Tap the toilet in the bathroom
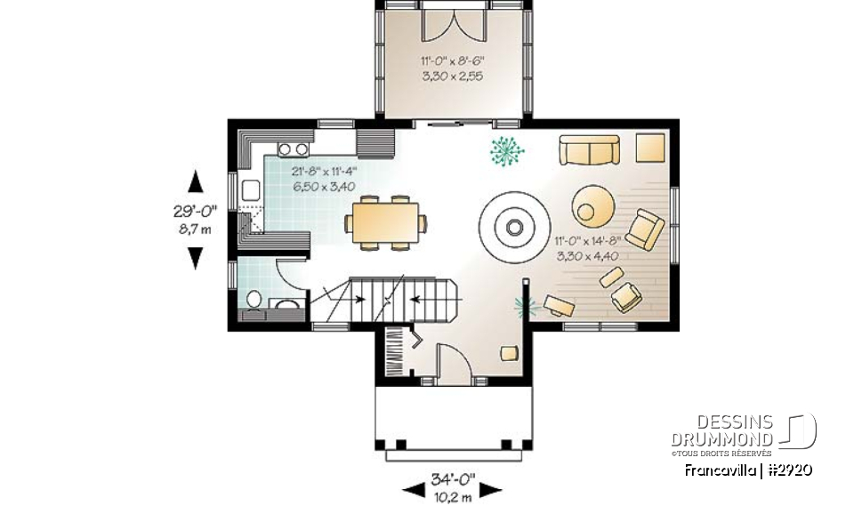pyautogui.click(x=253, y=301)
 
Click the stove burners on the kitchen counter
pyautogui.click(x=294, y=149)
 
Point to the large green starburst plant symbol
pyautogui.click(x=507, y=151)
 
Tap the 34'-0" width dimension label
pyautogui.click(x=452, y=478)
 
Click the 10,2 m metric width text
pyautogui.click(x=452, y=494)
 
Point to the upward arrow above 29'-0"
pyautogui.click(x=196, y=181)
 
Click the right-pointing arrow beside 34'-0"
pyautogui.click(x=493, y=488)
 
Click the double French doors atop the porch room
pyautogui.click(x=454, y=23)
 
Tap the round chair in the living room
pyautogui.click(x=591, y=204)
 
